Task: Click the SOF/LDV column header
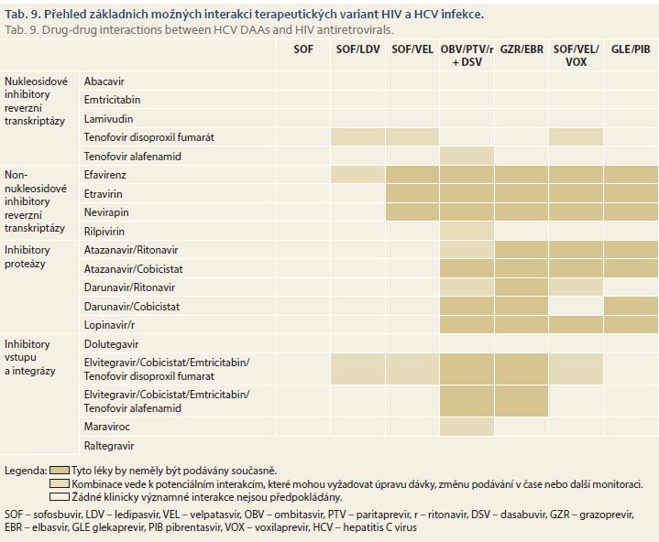point(357,49)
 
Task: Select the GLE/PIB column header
point(631,49)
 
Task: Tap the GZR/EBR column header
point(522,49)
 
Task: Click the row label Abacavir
point(104,81)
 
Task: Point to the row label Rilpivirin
point(104,232)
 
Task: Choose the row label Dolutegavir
point(112,344)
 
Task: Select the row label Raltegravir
point(109,446)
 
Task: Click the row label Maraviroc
point(106,427)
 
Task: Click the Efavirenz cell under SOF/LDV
point(357,175)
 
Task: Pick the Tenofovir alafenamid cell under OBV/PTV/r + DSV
point(467,156)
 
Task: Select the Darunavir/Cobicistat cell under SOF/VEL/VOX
point(576,306)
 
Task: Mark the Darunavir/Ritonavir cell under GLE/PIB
point(631,287)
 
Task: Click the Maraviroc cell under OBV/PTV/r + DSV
point(467,427)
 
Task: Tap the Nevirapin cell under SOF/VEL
point(412,212)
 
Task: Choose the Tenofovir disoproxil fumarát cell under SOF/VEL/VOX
point(576,136)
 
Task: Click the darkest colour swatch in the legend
point(60,471)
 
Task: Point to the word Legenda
point(26,471)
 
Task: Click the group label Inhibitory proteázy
point(27,256)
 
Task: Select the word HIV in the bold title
point(391,15)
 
